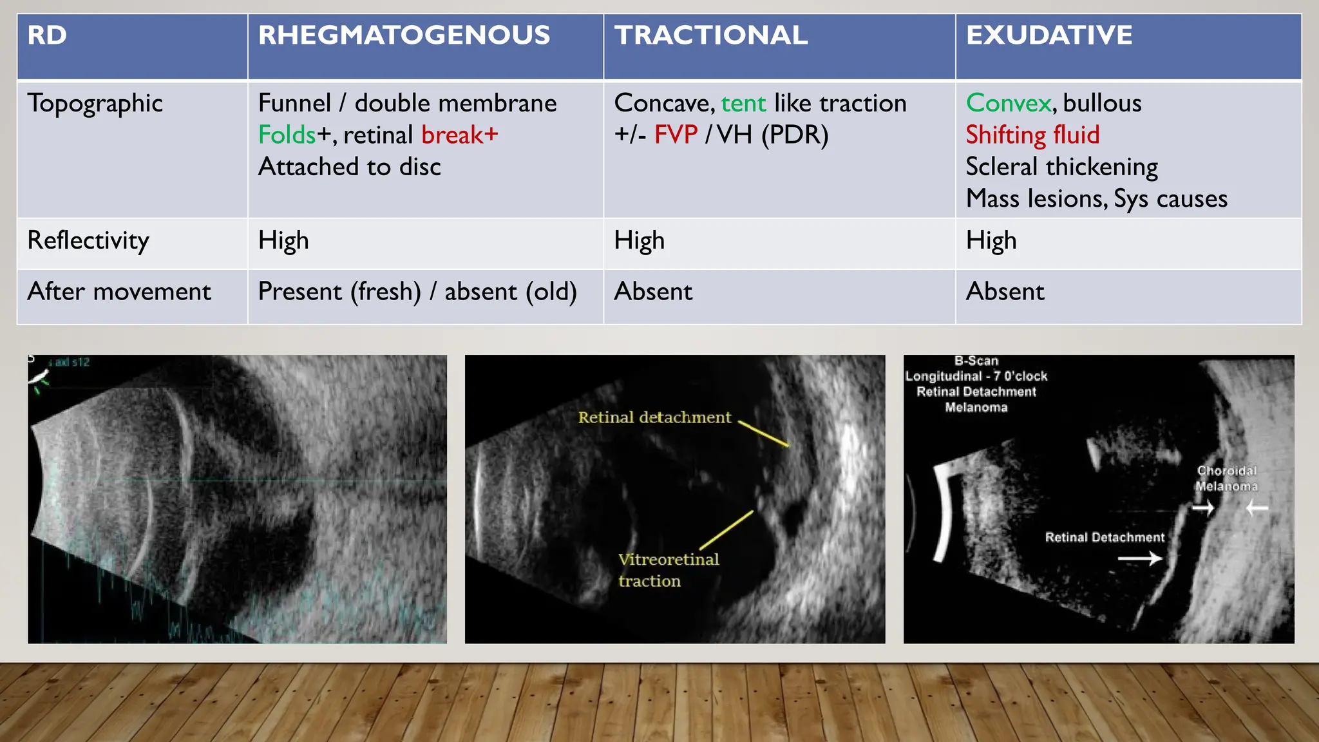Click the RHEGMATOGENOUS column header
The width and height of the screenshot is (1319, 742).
click(x=404, y=35)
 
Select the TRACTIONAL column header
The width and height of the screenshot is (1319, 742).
click(x=710, y=35)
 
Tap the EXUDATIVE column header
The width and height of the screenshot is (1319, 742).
click(x=1049, y=35)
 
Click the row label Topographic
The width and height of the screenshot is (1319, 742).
click(x=95, y=104)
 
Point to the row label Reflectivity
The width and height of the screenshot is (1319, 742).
click(x=88, y=241)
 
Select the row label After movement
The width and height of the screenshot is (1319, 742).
click(x=119, y=292)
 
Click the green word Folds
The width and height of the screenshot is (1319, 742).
click(x=287, y=135)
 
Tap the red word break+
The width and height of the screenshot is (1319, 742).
click(x=459, y=135)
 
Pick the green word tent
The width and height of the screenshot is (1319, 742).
click(x=743, y=104)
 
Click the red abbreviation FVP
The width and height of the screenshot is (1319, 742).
click(x=676, y=135)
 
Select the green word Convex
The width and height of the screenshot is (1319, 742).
click(x=1009, y=104)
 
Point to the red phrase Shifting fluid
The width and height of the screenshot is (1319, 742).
click(x=1032, y=135)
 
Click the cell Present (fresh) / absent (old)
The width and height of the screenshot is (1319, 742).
click(x=417, y=292)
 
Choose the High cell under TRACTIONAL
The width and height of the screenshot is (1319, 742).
click(x=639, y=241)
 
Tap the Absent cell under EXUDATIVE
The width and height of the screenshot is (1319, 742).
click(x=1005, y=292)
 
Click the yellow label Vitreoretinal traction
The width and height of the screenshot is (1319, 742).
click(x=667, y=570)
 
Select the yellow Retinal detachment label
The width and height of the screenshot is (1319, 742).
click(x=654, y=417)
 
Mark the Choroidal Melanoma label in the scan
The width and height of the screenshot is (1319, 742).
click(x=1226, y=479)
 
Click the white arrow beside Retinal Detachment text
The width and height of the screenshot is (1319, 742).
click(x=1139, y=558)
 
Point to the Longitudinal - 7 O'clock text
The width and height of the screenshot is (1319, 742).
click(x=976, y=376)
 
